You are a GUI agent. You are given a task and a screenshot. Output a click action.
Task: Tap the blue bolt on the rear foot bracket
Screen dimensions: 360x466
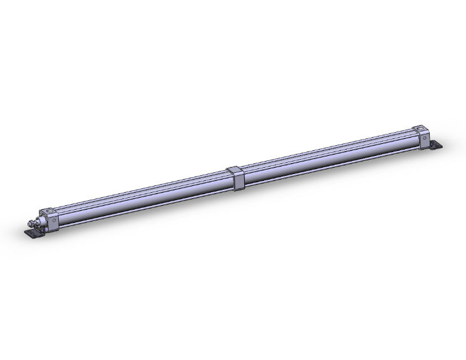click(432, 143)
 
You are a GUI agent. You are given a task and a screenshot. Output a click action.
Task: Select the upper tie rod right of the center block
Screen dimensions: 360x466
click(326, 148)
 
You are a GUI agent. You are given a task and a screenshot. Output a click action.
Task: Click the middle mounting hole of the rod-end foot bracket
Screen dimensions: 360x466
click(33, 234)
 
